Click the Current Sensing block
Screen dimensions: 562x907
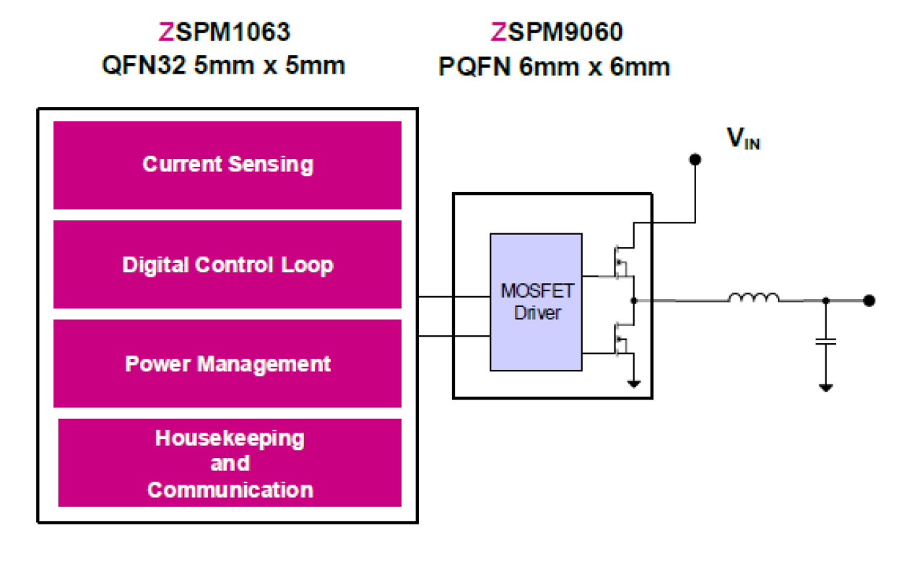tap(227, 165)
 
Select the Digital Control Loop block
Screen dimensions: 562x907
tap(227, 264)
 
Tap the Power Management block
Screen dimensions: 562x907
tap(227, 363)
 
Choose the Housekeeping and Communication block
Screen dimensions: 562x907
tap(230, 463)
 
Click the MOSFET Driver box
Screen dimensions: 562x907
tap(537, 302)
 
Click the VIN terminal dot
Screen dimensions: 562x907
tap(695, 160)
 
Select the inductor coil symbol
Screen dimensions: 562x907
tap(753, 298)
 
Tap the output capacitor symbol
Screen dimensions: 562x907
tap(826, 340)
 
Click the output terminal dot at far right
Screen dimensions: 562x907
tap(869, 300)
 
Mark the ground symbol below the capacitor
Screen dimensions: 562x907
tap(826, 388)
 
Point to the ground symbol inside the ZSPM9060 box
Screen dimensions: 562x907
tap(633, 384)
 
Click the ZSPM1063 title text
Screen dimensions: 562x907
tap(225, 33)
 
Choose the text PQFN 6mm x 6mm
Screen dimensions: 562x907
tap(555, 66)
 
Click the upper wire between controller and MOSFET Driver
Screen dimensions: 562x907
tap(453, 297)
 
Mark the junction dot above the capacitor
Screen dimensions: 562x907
tap(826, 300)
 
